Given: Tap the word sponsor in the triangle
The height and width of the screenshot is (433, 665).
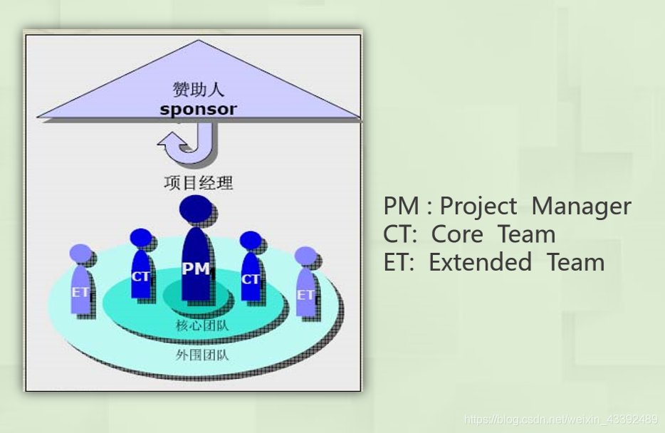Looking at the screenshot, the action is pyautogui.click(x=198, y=109).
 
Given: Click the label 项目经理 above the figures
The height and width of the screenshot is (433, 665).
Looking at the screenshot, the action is pyautogui.click(x=198, y=183).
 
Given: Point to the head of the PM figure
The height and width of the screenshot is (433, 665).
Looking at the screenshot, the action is pyautogui.click(x=197, y=209).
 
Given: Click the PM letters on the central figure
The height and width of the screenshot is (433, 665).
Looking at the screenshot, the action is pyautogui.click(x=196, y=268).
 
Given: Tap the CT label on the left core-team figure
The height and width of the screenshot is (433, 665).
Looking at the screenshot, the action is pyautogui.click(x=141, y=276).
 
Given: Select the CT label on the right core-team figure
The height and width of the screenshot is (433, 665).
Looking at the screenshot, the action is pyautogui.click(x=251, y=279).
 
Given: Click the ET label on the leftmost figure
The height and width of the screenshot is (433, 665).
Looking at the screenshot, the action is pyautogui.click(x=80, y=291).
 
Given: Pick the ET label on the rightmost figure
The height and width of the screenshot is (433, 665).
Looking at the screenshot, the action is pyautogui.click(x=305, y=294).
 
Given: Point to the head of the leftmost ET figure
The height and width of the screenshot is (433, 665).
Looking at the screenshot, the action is pyautogui.click(x=81, y=254).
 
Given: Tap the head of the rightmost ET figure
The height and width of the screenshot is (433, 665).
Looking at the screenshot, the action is pyautogui.click(x=305, y=256).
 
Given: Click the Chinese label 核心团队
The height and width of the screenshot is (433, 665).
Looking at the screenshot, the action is pyautogui.click(x=197, y=326).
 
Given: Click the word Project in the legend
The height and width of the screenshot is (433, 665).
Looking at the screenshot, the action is pyautogui.click(x=478, y=207).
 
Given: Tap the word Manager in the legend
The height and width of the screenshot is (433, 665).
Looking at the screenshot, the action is pyautogui.click(x=581, y=207).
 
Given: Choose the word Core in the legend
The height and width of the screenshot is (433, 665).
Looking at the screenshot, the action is pyautogui.click(x=458, y=234).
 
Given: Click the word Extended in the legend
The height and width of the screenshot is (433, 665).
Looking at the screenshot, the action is pyautogui.click(x=480, y=262).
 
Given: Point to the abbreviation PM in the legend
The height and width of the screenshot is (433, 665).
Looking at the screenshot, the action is pyautogui.click(x=401, y=207).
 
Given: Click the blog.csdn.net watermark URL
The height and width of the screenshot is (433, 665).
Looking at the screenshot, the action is pyautogui.click(x=560, y=419).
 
